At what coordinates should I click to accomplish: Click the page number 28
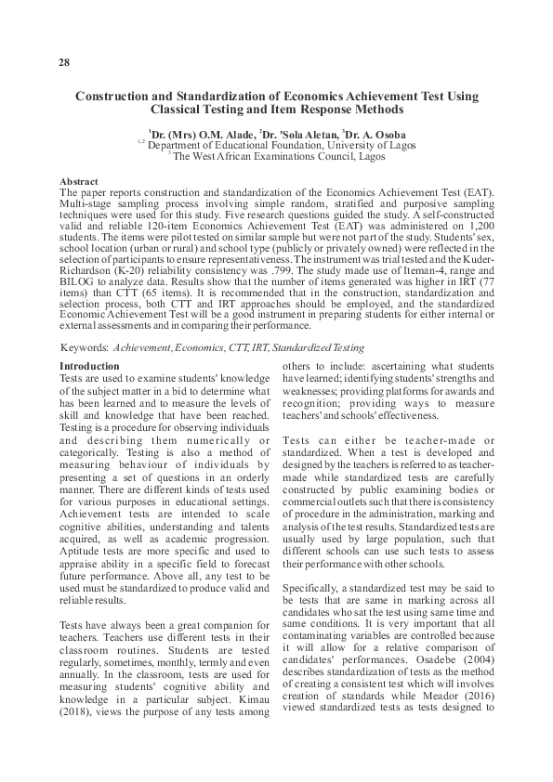(64, 62)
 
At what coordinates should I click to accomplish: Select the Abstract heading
(78, 181)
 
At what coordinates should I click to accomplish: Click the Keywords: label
(84, 345)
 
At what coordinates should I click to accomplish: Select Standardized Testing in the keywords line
(306, 345)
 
